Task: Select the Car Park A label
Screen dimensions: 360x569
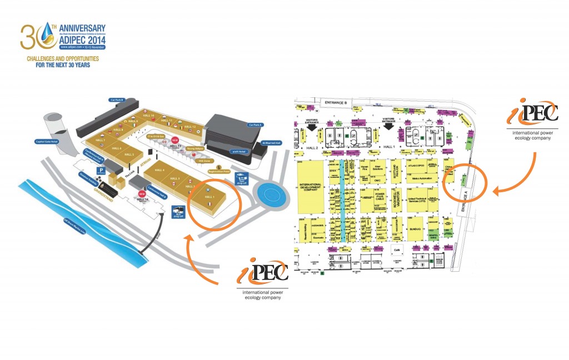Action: click(255, 125)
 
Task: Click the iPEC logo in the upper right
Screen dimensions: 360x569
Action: click(531, 116)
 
